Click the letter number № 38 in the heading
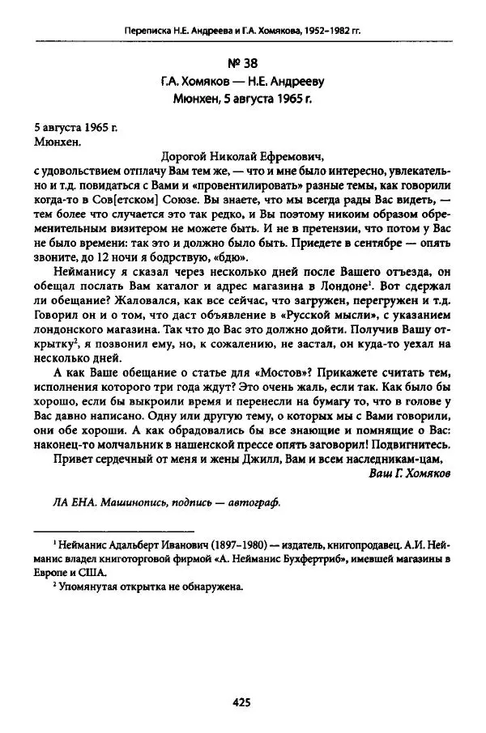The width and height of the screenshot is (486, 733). (243, 61)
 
